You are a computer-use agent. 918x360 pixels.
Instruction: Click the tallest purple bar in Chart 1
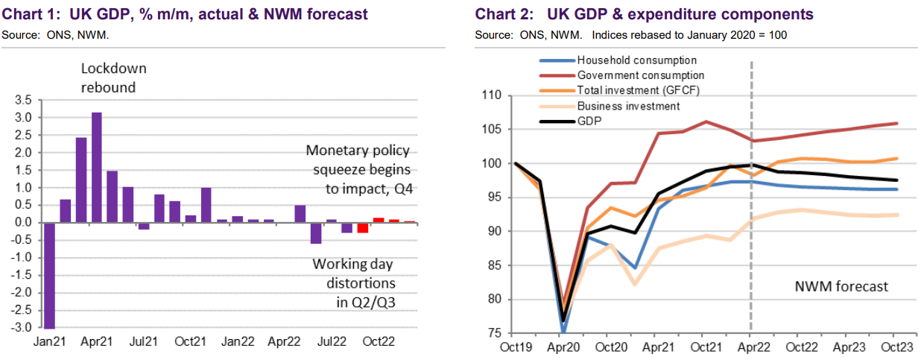[x=96, y=167]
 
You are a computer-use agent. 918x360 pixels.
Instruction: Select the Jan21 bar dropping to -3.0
[x=51, y=275]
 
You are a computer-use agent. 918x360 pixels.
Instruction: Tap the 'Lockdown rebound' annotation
[x=114, y=78]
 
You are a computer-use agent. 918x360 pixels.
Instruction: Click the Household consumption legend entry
[x=636, y=60]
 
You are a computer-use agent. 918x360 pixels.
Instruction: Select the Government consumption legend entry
[x=641, y=75]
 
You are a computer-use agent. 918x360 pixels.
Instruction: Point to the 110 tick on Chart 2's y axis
[x=493, y=96]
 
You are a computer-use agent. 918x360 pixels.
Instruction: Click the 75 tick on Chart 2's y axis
[x=496, y=333]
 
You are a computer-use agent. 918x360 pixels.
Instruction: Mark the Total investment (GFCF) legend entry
[x=639, y=90]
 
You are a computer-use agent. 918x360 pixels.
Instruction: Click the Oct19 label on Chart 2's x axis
[x=516, y=347]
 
